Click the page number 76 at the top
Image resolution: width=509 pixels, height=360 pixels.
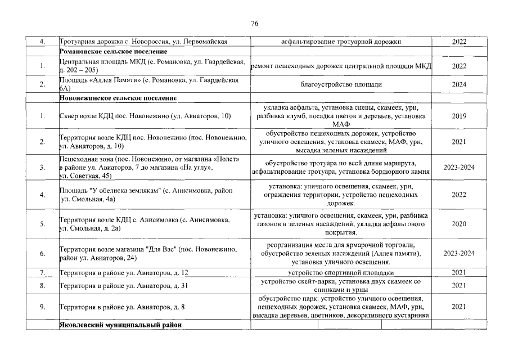coord(254,23)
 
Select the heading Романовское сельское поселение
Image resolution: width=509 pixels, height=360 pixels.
coord(110,52)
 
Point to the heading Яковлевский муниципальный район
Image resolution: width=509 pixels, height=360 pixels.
coord(121,326)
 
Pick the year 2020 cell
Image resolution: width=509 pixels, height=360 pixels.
coord(459,224)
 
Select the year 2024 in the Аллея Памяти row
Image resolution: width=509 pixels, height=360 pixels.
coord(459,84)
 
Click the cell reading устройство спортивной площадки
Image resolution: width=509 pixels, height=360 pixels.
coord(341,273)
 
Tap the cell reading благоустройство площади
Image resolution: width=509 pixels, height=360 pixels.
coord(341,84)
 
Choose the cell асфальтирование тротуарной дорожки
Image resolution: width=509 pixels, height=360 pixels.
coord(341,42)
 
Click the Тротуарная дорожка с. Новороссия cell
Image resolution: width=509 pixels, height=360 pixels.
coord(143,42)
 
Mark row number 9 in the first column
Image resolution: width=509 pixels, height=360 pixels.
coord(42,307)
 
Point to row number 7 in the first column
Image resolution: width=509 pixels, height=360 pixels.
coord(42,273)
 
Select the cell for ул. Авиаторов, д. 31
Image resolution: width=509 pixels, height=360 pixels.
coord(123,286)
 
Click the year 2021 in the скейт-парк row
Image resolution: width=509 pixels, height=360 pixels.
coord(459,286)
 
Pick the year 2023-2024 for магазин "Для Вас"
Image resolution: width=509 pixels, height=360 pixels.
coord(459,254)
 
